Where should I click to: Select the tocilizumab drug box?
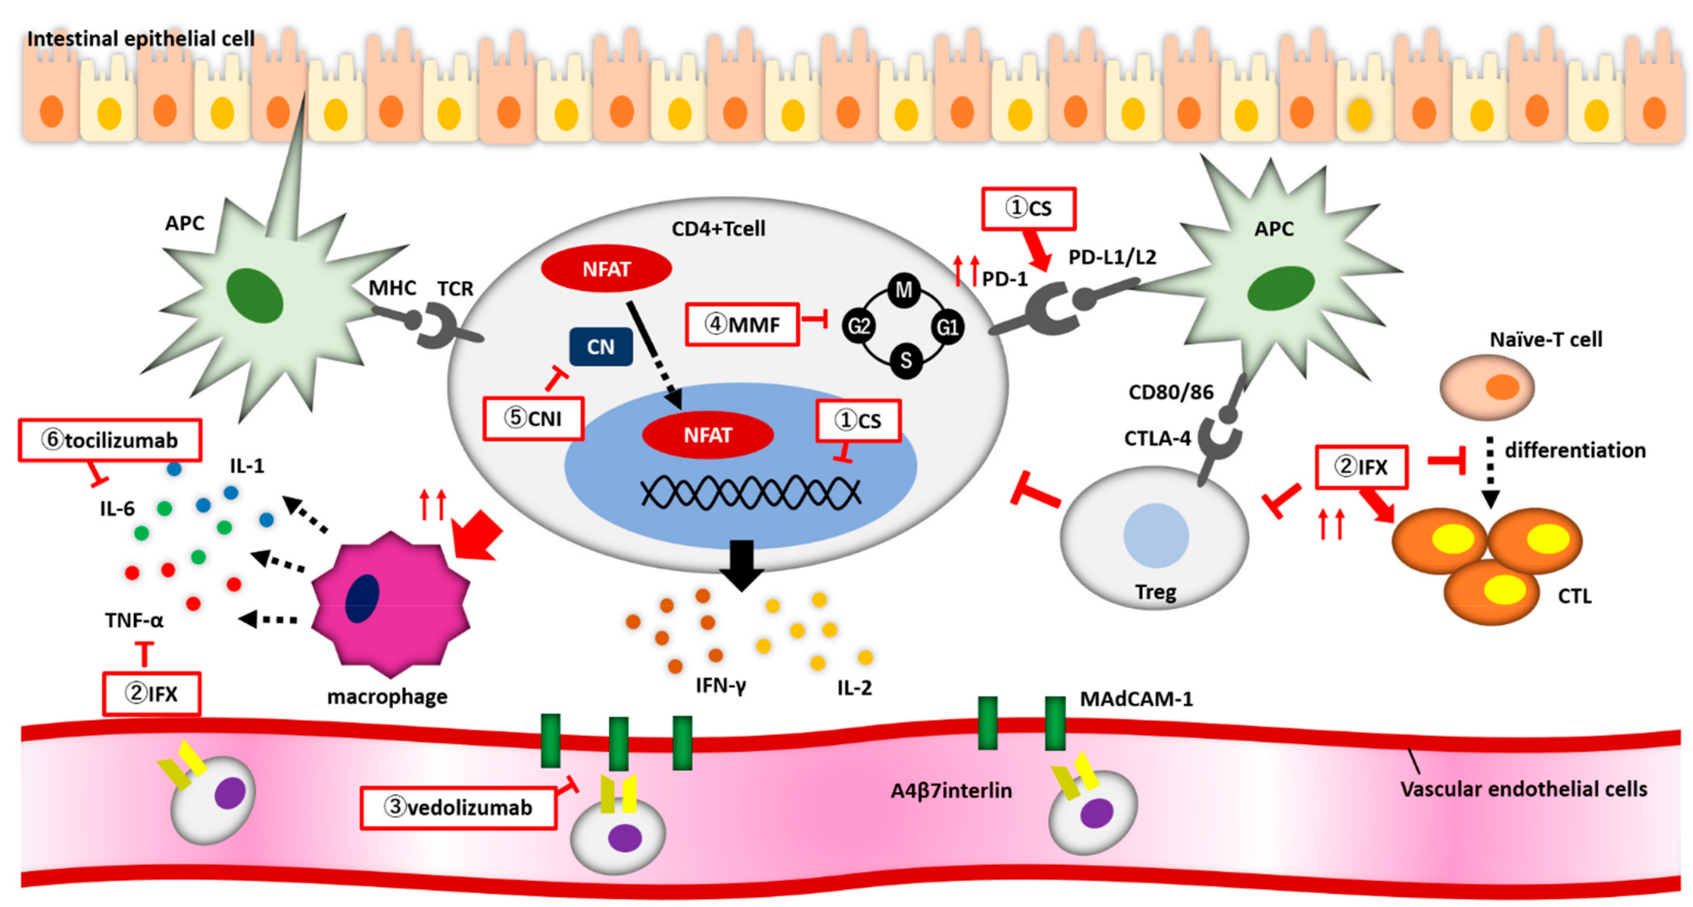coord(110,440)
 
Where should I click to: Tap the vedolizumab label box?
coord(458,807)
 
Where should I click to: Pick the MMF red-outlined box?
coord(742,324)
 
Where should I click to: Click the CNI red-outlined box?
coord(533,418)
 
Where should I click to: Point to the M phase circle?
coord(904,290)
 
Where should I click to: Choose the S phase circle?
coord(906,360)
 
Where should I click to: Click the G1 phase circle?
coord(947,327)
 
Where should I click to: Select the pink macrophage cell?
coord(390,605)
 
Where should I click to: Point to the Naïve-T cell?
coord(1487,387)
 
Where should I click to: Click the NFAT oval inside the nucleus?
coord(707,435)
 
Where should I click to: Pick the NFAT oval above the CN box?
coord(606,269)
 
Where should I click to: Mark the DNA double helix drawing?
coord(750,493)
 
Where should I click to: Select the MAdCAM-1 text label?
coord(1136,699)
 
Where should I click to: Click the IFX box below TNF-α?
coord(151,693)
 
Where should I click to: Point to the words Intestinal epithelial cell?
coord(140,39)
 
